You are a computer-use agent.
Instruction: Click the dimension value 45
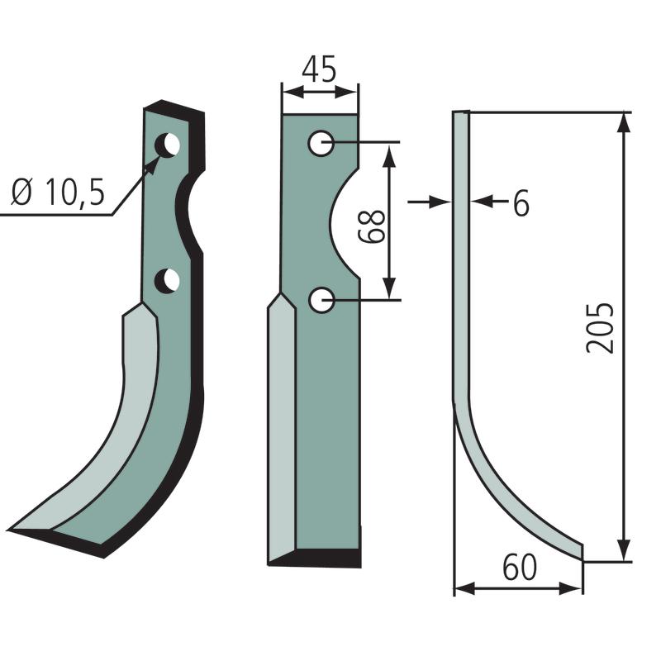coord(319,69)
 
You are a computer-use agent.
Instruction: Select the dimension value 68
coord(371,226)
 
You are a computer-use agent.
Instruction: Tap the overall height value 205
coord(600,327)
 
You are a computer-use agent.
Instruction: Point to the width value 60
coord(520,567)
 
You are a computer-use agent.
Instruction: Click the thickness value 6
coord(521,203)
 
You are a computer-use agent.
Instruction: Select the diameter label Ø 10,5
coord(58,193)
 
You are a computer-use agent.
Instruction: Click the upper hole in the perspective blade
coord(168,145)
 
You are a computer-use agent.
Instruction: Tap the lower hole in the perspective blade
coord(167,281)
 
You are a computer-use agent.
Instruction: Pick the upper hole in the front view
coord(321,143)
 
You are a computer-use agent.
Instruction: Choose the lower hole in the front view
coord(321,300)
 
